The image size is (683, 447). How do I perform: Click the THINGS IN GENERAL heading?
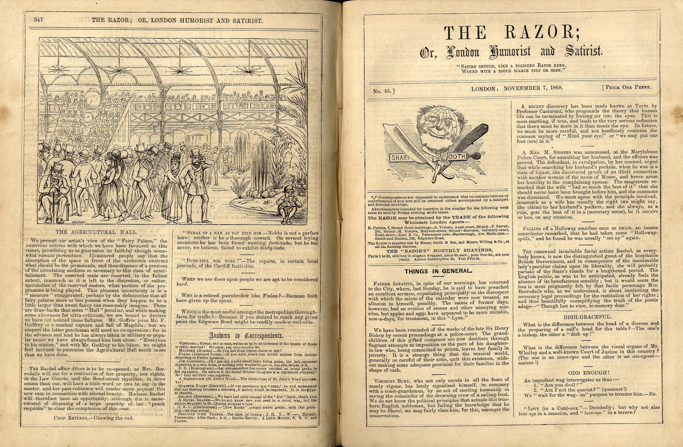[439, 271]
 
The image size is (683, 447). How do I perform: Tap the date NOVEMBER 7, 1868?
[533, 88]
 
